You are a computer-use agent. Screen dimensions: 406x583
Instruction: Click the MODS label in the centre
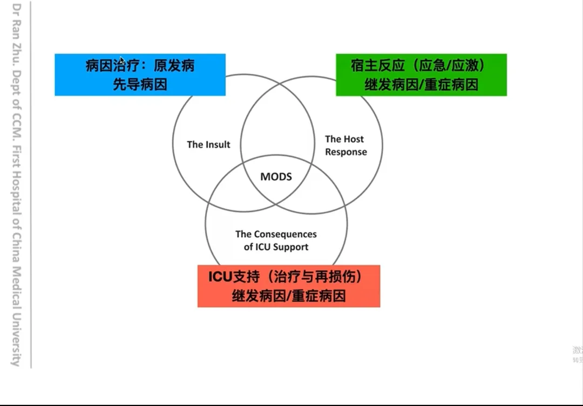(x=276, y=177)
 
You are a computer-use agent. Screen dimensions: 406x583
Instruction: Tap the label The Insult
(x=208, y=144)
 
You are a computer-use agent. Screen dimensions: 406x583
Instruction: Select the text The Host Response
(x=345, y=146)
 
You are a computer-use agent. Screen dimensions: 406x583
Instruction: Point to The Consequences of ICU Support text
(x=276, y=240)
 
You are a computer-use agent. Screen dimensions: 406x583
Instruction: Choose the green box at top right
(x=421, y=75)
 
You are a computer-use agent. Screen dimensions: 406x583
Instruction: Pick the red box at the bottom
(x=289, y=286)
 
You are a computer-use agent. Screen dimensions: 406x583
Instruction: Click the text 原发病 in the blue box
(x=174, y=66)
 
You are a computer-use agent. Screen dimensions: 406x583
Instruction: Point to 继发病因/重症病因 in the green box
(x=421, y=85)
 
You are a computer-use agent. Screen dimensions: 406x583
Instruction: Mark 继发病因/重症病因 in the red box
(x=289, y=296)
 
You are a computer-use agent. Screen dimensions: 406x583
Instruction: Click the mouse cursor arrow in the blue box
(x=122, y=61)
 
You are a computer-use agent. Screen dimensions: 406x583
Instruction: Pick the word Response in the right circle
(x=346, y=152)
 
